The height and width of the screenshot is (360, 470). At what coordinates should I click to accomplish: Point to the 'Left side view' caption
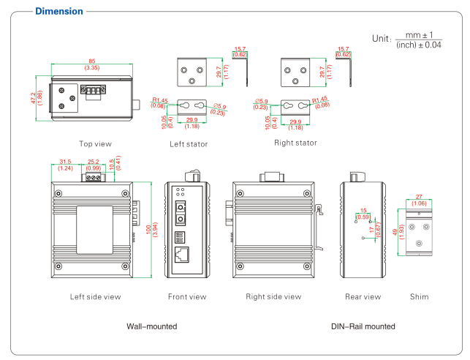[x=95, y=296]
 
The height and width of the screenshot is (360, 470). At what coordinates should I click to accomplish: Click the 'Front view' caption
[x=187, y=296]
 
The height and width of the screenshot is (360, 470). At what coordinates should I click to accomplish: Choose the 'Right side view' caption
[x=273, y=296]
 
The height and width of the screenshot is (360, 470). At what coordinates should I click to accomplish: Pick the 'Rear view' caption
[x=363, y=296]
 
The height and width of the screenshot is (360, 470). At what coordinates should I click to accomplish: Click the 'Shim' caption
[x=420, y=296]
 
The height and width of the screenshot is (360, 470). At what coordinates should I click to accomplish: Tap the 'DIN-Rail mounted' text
[x=363, y=326]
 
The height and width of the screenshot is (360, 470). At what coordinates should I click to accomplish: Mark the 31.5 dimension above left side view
[x=64, y=162]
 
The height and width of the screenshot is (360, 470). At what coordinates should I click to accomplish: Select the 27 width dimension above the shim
[x=420, y=196]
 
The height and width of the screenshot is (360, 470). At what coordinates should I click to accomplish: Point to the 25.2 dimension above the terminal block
[x=94, y=162]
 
